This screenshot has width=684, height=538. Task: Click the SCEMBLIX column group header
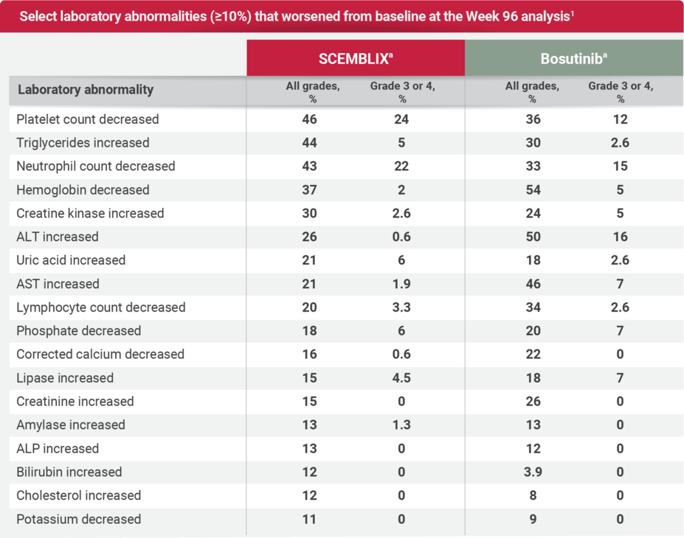(355, 59)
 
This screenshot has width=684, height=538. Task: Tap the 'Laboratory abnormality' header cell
(86, 90)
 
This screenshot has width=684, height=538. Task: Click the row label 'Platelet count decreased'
(88, 119)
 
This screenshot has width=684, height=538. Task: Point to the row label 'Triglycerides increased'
(83, 143)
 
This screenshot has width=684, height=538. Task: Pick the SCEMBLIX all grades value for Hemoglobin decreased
(309, 190)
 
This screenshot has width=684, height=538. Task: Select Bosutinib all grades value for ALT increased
(533, 237)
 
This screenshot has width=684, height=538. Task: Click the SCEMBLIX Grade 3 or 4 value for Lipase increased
(401, 378)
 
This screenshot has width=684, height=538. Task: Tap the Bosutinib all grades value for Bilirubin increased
(533, 472)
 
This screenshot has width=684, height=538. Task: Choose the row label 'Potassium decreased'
(78, 520)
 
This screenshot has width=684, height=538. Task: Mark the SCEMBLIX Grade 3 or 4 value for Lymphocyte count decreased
(401, 307)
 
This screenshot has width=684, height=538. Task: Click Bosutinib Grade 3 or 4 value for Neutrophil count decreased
(620, 167)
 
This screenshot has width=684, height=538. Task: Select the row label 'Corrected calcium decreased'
(100, 354)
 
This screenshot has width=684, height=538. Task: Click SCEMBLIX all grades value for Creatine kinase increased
(309, 214)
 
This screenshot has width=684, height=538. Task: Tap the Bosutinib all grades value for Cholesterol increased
(533, 496)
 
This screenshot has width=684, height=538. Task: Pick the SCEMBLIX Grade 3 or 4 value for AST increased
(401, 284)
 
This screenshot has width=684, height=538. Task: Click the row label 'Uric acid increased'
(71, 260)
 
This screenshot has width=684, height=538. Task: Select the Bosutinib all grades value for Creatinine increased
(533, 402)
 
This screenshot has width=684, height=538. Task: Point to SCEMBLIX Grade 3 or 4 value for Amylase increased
(401, 425)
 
